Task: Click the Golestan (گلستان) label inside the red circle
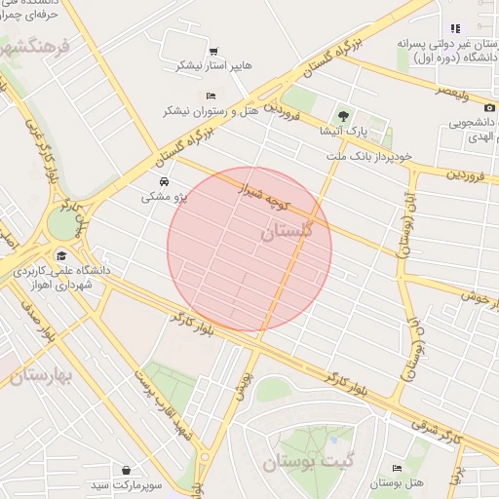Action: (288, 233)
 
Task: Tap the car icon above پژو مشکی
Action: (163, 182)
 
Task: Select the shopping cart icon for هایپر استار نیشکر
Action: (213, 52)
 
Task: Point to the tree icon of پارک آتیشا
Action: (342, 115)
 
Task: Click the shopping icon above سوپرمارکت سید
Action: (126, 469)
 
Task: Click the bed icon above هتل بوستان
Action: (396, 469)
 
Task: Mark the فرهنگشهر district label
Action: (37, 46)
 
